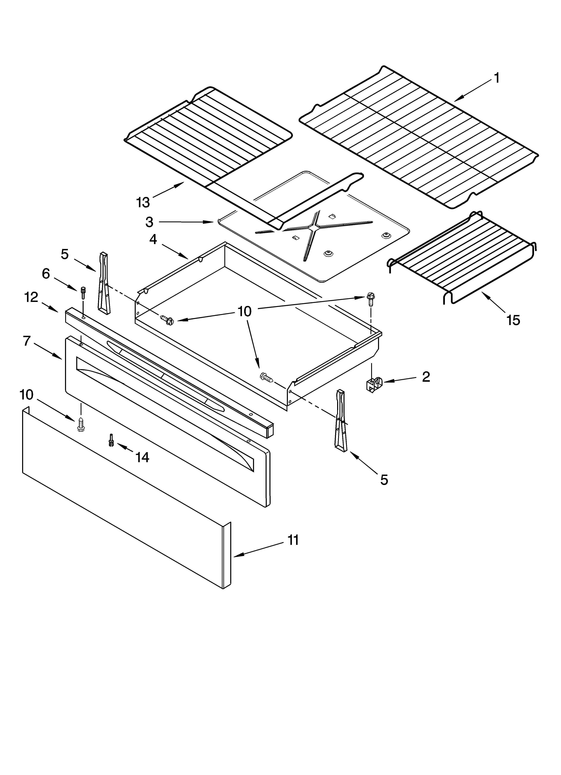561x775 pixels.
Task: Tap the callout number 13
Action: (143, 203)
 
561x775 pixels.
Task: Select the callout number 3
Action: (149, 222)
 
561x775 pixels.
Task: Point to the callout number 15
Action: (513, 320)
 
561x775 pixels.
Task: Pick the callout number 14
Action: (142, 457)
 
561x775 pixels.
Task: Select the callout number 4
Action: (153, 240)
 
